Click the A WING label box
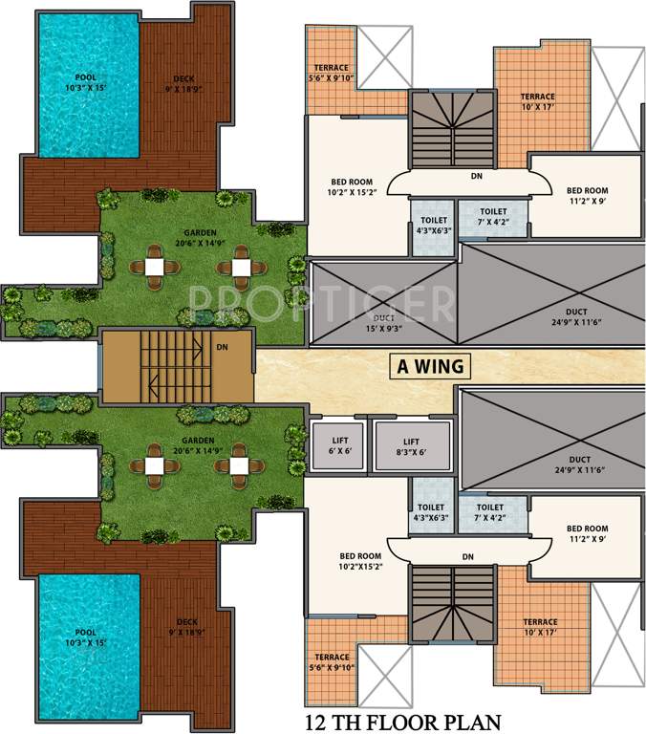point(430,366)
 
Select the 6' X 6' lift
point(338,446)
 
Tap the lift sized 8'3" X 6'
point(412,446)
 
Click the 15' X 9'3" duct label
point(384,328)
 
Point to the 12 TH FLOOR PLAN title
point(403,722)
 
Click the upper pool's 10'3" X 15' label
point(86,88)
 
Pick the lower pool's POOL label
point(86,633)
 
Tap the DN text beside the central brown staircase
point(223,347)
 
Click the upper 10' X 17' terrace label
point(538,107)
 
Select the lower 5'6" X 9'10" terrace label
point(332,667)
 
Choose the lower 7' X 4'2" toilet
point(491,513)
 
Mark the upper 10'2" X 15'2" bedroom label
point(352,192)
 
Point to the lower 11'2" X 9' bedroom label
point(588,538)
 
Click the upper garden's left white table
point(155,268)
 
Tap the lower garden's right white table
point(239,465)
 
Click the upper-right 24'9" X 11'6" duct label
point(576,322)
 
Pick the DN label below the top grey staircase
point(477,176)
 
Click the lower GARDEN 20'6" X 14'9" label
point(198,445)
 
